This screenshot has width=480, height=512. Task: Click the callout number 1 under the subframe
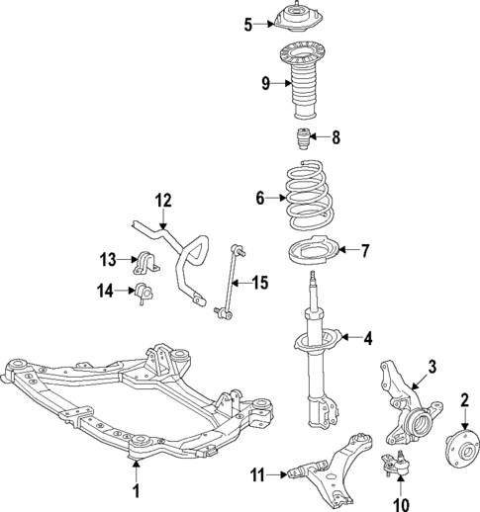click(x=137, y=489)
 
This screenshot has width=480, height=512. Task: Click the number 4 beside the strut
click(x=367, y=339)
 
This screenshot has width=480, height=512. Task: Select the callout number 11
click(x=257, y=476)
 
